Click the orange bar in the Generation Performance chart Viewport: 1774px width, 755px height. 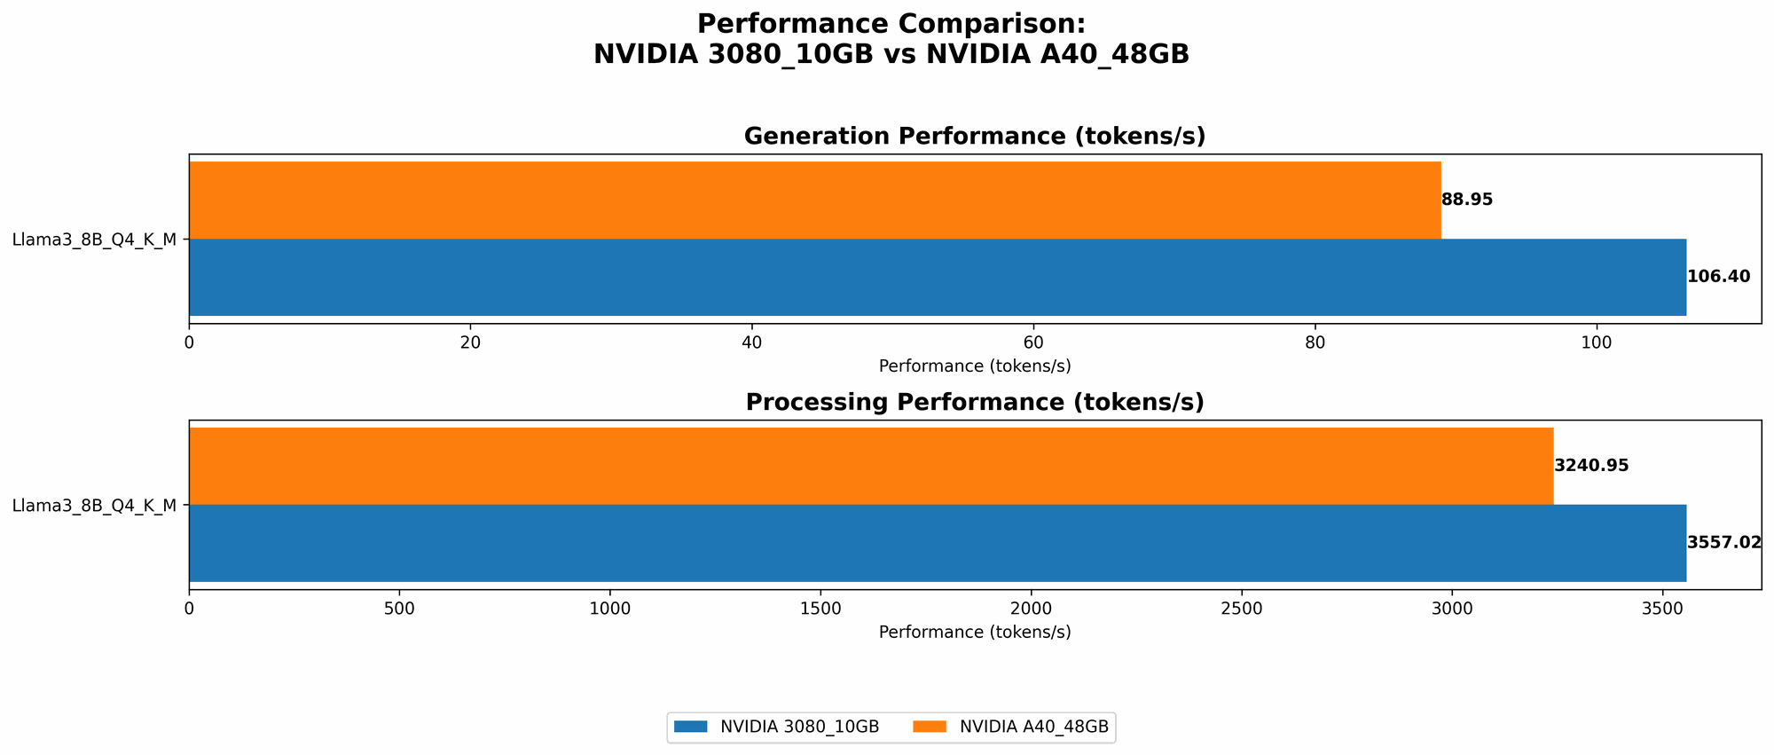814,200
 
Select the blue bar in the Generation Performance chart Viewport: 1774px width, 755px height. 937,277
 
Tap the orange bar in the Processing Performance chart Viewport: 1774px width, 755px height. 871,466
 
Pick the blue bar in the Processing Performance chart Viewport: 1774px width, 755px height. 937,543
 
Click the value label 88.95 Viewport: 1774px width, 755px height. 1467,200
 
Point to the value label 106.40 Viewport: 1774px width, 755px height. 1718,277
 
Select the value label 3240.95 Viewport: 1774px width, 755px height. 1591,466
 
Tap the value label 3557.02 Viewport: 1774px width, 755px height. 1723,543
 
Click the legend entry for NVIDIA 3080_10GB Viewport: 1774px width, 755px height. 776,727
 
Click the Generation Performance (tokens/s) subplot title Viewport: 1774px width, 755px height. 974,137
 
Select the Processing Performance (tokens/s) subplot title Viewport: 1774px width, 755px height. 974,403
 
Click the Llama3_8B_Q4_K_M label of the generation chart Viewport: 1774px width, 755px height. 94,240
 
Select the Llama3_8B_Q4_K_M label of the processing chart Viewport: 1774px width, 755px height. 94,506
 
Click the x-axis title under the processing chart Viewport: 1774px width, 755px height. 974,633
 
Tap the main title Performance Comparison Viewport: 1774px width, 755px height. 891,24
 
